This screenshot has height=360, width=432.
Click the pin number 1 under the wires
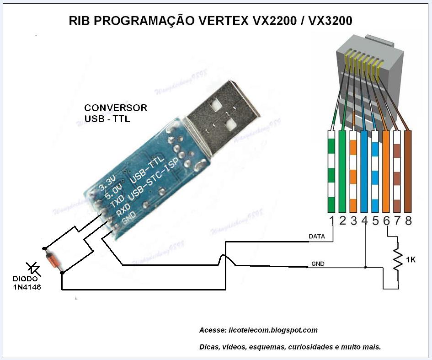(x=332, y=221)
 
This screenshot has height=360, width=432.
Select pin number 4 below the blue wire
(x=364, y=221)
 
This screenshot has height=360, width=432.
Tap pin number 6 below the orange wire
(x=386, y=221)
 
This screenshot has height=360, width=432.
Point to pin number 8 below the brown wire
(x=408, y=221)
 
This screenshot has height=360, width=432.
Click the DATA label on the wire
(x=317, y=236)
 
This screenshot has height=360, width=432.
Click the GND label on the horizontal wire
(x=318, y=264)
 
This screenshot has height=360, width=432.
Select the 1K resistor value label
(x=411, y=260)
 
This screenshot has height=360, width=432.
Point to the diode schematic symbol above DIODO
(x=33, y=269)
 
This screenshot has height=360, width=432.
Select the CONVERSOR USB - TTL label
(x=116, y=113)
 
